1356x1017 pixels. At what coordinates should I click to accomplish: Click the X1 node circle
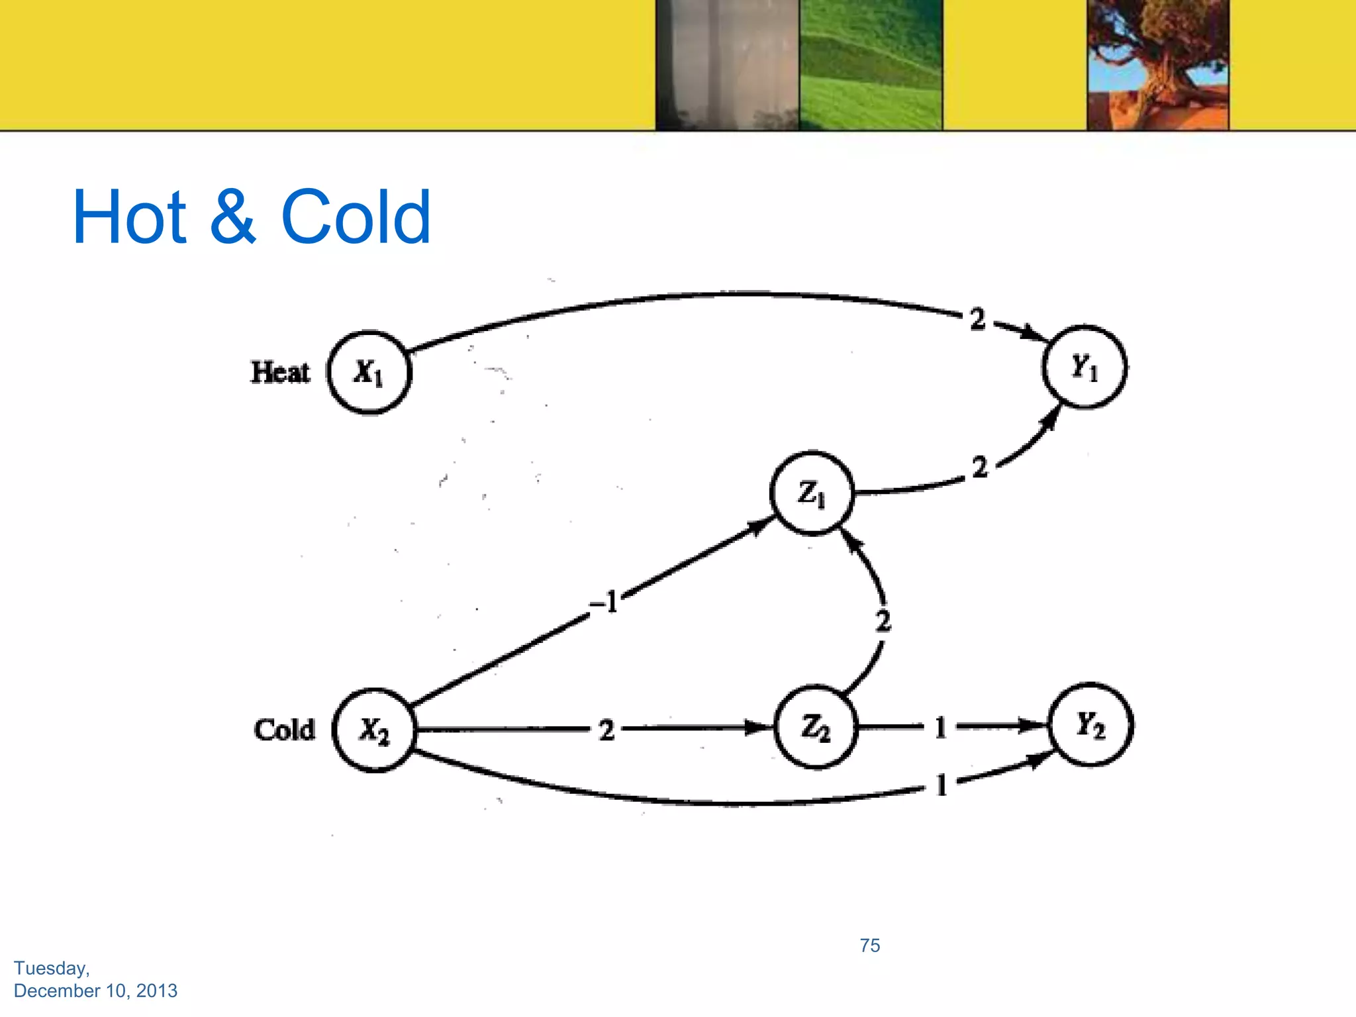point(369,372)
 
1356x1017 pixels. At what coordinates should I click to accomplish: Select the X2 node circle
point(375,730)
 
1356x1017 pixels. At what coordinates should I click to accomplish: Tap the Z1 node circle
point(812,493)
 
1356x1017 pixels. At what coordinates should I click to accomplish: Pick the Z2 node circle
point(816,728)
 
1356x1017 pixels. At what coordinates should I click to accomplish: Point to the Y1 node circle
point(1085,367)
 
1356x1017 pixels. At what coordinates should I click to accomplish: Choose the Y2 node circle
point(1090,725)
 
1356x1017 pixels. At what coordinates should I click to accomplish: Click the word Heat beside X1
point(280,372)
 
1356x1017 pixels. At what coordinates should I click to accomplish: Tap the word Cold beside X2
point(284,730)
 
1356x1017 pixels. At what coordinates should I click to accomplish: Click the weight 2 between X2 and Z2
point(606,730)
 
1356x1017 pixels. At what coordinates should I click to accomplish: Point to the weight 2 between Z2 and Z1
point(883,621)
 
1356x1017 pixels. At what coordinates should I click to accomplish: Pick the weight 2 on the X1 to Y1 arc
point(977,319)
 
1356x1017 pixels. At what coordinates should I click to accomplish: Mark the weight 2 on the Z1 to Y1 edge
point(980,467)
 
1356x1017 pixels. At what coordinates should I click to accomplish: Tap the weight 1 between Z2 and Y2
point(940,728)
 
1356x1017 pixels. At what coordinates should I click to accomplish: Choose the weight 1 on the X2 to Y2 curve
point(942,786)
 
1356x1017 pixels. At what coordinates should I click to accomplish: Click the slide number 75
point(870,945)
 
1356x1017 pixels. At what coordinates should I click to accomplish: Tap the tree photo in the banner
point(1157,65)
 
